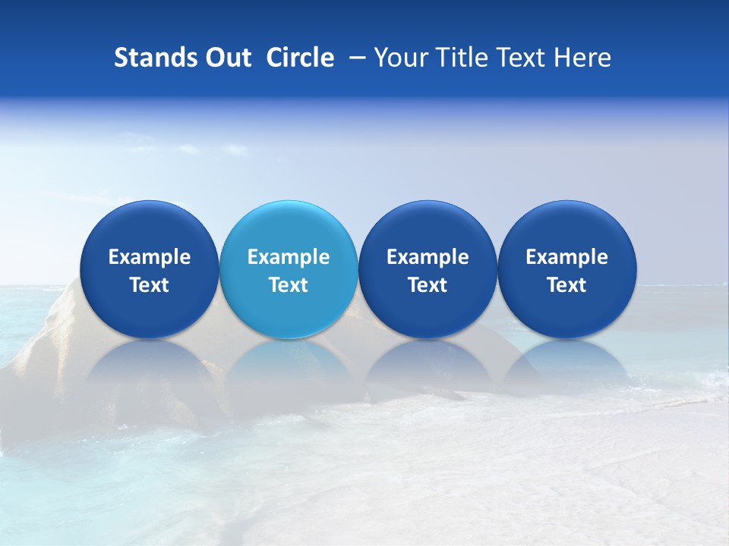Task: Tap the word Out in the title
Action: tap(226, 58)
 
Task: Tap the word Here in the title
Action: tap(582, 58)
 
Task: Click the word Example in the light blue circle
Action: tap(289, 257)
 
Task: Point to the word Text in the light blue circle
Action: tap(289, 285)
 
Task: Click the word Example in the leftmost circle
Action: tap(149, 257)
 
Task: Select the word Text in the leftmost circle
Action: tap(149, 285)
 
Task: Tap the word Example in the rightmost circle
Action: tap(566, 257)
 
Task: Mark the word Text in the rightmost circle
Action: tap(566, 285)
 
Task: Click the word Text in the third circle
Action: tap(428, 285)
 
